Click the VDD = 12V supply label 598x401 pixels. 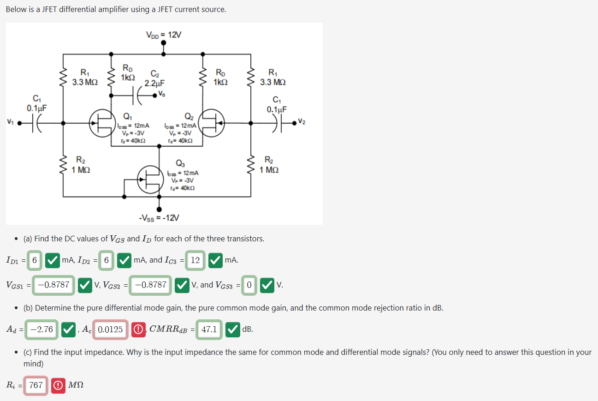[164, 35]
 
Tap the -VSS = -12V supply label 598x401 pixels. [159, 217]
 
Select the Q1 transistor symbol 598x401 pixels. [101, 123]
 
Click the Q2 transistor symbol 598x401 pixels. [213, 123]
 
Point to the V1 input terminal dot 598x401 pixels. [19, 123]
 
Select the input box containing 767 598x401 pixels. [36, 385]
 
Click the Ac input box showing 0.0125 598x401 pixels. [110, 329]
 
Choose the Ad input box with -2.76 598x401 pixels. [41, 329]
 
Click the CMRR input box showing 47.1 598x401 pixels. [209, 329]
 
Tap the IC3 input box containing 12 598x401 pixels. [195, 260]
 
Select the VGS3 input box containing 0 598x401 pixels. [249, 285]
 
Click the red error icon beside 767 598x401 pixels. [59, 385]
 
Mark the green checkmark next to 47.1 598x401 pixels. [233, 329]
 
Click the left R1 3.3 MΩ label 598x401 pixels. [85, 77]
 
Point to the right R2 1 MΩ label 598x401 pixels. [268, 165]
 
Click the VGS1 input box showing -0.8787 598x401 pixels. [53, 285]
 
